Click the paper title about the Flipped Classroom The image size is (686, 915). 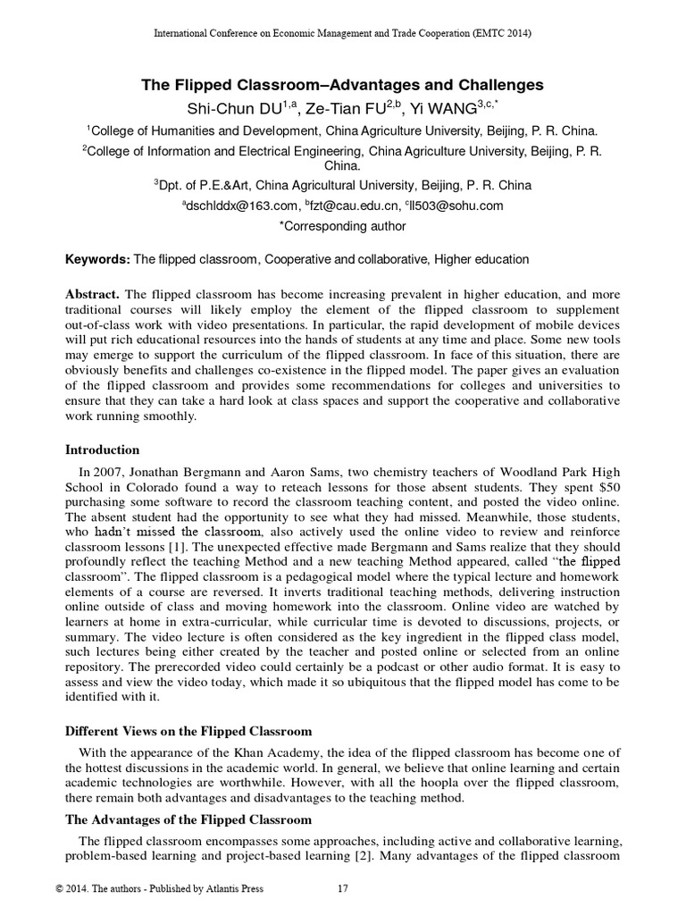point(343,86)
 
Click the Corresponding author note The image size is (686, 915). point(343,226)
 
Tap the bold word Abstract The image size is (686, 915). point(94,294)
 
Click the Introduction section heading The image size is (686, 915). point(103,449)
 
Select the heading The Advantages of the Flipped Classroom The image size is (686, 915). point(189,819)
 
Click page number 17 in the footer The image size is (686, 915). point(342,889)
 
